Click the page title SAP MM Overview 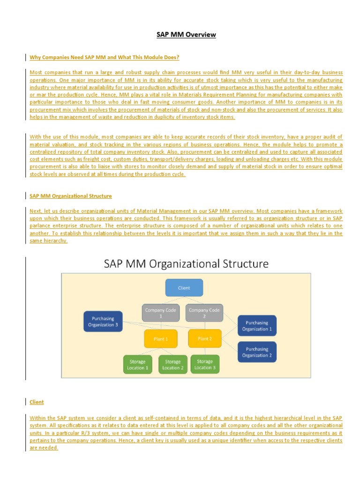pos(186,35)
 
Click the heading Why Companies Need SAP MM pos(105,58)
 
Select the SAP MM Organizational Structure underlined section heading pos(71,196)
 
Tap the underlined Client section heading pos(37,402)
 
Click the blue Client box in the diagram pos(184,288)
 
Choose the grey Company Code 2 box pos(204,313)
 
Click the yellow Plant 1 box pos(160,339)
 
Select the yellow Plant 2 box pos(204,338)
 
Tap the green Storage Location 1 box pos(138,365)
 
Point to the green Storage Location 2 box pos(173,365)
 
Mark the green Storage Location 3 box pos(205,364)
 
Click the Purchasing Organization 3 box pos(103,322)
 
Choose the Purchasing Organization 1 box pos(257,326)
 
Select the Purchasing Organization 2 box pos(257,352)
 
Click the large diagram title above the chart pos(186,264)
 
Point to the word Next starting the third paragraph pos(36,211)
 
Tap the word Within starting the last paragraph pos(39,418)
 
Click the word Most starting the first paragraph pos(36,73)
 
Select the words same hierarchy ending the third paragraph pos(48,241)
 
